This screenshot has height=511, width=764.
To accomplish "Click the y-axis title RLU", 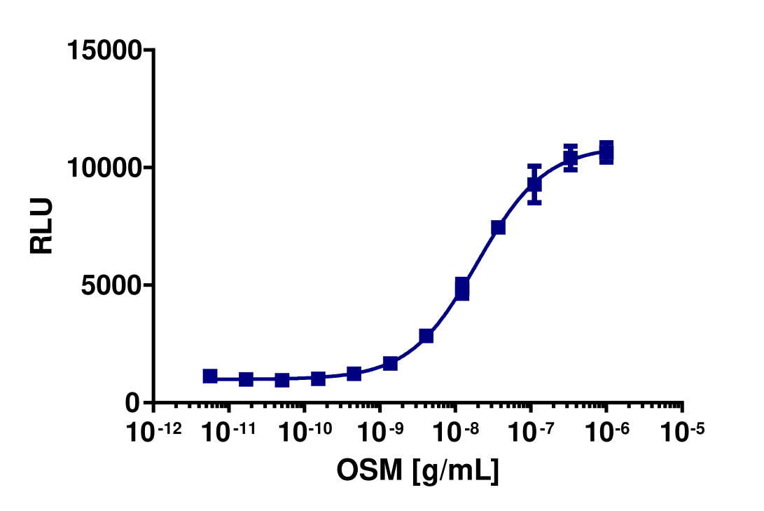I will (x=42, y=226).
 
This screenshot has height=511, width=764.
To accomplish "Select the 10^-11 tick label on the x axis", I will (x=228, y=433).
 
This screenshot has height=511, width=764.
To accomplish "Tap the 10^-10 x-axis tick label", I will (x=304, y=433).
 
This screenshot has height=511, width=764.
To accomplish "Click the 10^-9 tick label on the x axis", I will (x=380, y=433).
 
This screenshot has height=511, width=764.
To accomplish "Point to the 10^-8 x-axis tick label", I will (x=455, y=433).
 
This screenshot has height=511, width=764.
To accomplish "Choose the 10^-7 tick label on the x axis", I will (x=531, y=433).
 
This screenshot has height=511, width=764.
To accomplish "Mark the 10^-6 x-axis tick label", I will (x=606, y=433).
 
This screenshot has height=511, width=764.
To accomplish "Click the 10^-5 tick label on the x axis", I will (x=682, y=433).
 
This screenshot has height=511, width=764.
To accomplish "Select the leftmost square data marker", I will (x=210, y=376).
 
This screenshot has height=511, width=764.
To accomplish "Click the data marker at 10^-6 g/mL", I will (x=606, y=152).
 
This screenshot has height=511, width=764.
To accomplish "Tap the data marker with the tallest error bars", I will (x=534, y=184).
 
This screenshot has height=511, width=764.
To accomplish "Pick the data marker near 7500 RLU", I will (x=498, y=227).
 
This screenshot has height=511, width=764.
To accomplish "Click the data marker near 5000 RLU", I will (x=462, y=288).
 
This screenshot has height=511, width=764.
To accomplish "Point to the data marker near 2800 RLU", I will (x=426, y=336).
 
